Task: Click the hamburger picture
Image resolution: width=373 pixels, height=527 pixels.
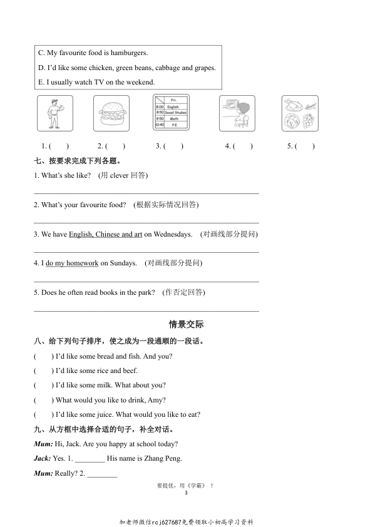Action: pos(111,113)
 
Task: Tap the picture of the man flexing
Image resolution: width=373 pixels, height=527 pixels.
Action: pos(54,113)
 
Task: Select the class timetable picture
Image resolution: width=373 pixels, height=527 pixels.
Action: pos(171,113)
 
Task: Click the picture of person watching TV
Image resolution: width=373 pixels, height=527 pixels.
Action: pos(237,113)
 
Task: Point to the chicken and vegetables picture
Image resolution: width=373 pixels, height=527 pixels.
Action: pos(300,113)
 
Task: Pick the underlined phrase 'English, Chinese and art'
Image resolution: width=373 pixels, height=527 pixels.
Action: pos(105,234)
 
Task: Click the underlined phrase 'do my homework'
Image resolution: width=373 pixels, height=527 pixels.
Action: pos(72,263)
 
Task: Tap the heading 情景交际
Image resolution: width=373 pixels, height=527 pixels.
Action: pos(186,324)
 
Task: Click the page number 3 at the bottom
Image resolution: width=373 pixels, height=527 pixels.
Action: pos(186,493)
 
